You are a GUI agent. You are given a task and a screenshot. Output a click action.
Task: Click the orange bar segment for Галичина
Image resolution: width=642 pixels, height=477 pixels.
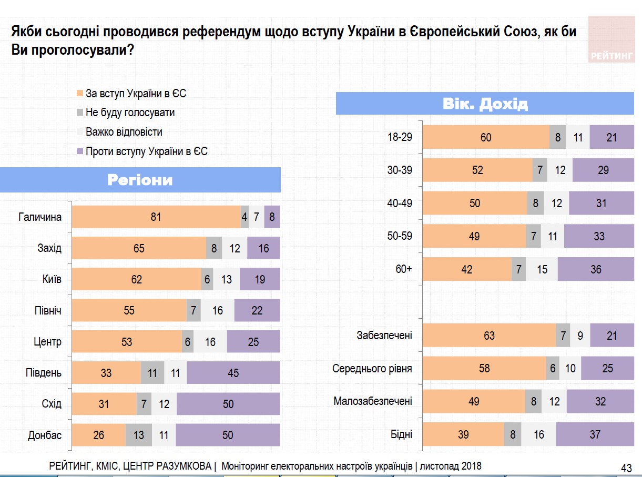156,217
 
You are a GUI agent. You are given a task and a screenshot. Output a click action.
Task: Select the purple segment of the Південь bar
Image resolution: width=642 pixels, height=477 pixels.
233,373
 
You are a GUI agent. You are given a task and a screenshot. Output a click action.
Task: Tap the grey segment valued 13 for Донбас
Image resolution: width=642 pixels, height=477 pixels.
138,435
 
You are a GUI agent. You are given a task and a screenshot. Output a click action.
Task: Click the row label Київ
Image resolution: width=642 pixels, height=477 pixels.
51,279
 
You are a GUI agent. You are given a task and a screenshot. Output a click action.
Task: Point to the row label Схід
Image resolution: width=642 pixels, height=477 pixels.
51,404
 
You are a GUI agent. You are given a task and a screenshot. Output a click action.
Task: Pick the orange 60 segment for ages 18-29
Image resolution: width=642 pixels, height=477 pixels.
485,137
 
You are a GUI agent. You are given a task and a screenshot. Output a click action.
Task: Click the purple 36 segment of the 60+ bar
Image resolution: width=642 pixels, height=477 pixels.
595,269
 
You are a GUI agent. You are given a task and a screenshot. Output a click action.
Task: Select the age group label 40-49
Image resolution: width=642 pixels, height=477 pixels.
400,204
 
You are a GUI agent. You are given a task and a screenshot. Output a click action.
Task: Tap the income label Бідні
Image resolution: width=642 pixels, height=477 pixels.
402,434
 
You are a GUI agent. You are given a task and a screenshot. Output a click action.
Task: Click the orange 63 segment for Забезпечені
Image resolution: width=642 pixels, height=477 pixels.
489,336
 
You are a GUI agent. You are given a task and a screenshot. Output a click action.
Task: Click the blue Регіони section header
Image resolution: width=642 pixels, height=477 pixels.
140,180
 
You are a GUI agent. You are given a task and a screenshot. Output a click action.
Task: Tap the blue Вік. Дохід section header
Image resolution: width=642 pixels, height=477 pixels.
485,104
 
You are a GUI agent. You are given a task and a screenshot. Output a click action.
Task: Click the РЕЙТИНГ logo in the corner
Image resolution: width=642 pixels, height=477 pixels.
612,40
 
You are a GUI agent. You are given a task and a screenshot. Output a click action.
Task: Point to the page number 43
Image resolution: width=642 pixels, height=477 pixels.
626,468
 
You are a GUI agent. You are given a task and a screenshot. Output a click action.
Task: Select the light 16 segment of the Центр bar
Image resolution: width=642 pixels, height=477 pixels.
210,342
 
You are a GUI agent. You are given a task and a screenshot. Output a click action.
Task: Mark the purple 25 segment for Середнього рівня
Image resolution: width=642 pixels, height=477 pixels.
607,369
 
